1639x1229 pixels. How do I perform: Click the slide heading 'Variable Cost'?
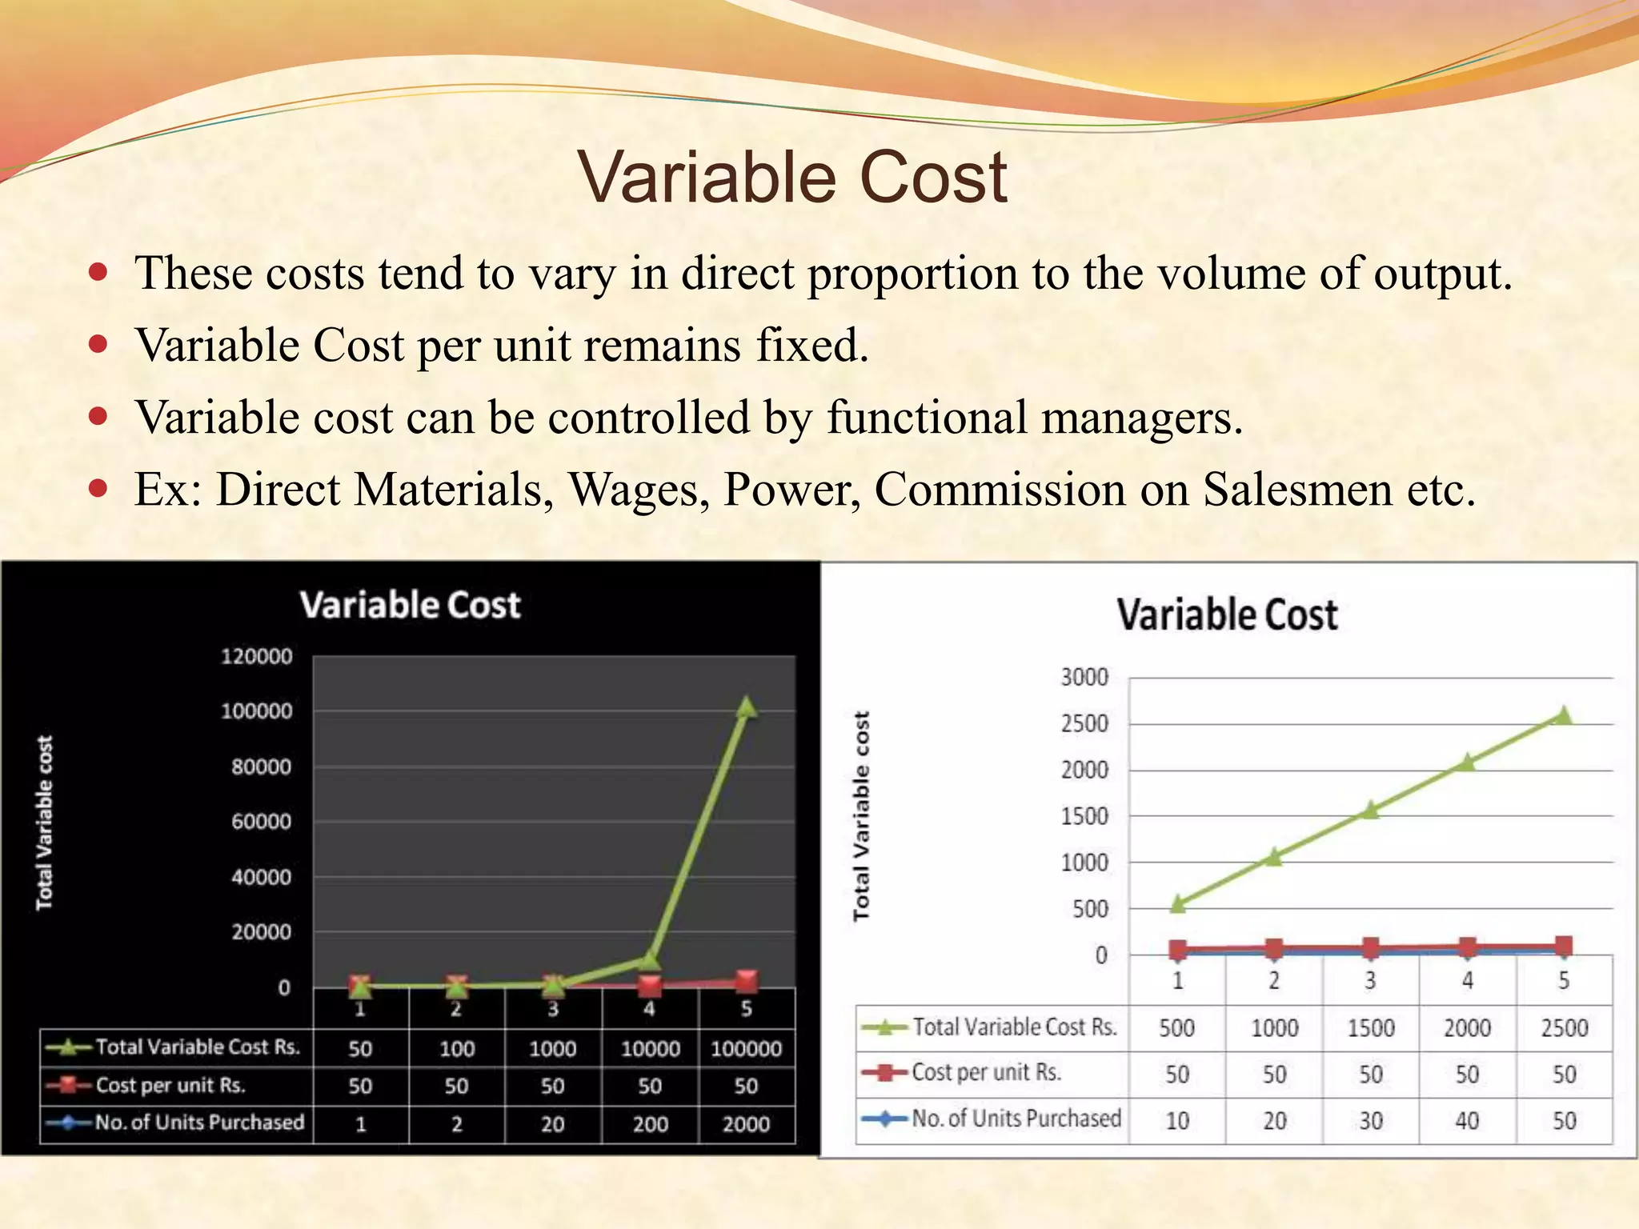792,177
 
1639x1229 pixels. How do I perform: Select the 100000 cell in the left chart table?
746,1049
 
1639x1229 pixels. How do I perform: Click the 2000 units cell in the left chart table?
746,1124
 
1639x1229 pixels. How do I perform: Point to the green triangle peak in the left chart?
746,707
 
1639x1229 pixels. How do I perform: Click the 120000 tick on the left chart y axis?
257,656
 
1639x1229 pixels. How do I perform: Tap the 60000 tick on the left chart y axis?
262,822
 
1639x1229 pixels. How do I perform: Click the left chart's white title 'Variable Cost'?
410,605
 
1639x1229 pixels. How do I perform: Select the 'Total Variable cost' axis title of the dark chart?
45,823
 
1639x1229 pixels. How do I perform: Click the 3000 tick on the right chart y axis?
1084,678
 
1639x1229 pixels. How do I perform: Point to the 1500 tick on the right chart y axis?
1084,817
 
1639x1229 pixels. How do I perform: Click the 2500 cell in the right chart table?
1564,1028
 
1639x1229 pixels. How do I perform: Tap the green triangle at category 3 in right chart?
1370,810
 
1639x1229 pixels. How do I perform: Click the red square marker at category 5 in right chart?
1564,946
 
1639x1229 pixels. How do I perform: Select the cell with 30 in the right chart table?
1370,1120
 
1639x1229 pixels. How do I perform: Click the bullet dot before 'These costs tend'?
98,273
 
